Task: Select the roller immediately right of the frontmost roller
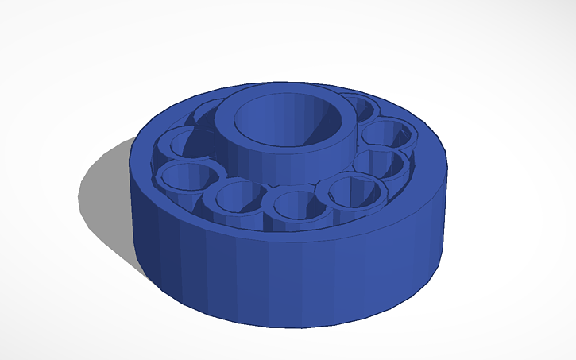pyautogui.click(x=350, y=192)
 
